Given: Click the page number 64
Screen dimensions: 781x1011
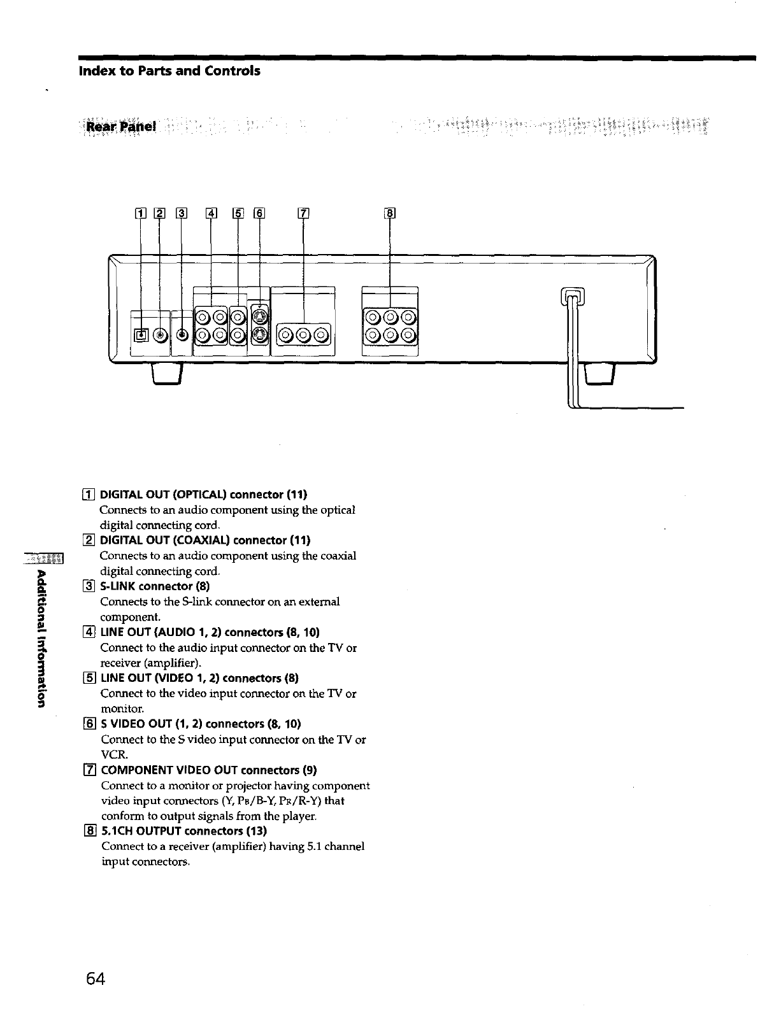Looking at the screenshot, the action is coord(92,978).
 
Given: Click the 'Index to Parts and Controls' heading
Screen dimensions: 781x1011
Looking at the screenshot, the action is coord(169,71).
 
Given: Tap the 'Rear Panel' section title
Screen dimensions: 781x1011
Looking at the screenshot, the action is coord(120,127).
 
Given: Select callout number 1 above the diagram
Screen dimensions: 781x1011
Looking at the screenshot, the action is coord(141,214).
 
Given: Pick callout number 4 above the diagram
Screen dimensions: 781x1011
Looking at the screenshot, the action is coord(211,214).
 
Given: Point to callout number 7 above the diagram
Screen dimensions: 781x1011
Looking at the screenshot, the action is coord(303,214).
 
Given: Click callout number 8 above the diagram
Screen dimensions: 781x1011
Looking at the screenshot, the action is coord(390,214).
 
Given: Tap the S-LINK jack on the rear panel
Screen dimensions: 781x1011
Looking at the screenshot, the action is coord(182,335).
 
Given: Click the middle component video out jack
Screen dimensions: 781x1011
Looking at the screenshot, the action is coord(303,334).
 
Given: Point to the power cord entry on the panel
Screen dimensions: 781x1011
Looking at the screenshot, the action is coord(571,297).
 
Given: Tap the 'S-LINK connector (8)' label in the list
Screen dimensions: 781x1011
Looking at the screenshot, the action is coord(155,586).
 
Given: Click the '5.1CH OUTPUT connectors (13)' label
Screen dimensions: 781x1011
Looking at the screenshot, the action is coord(184,831).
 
